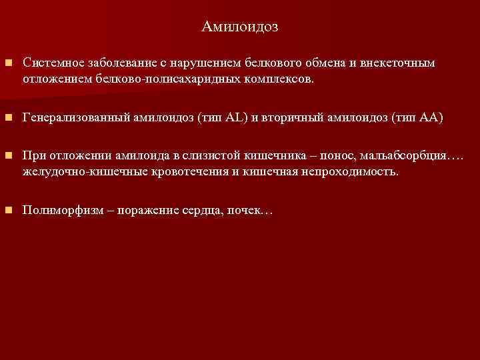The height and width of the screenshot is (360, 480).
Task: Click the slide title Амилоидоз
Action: (239, 27)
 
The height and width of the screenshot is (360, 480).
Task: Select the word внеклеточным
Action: (397, 63)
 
